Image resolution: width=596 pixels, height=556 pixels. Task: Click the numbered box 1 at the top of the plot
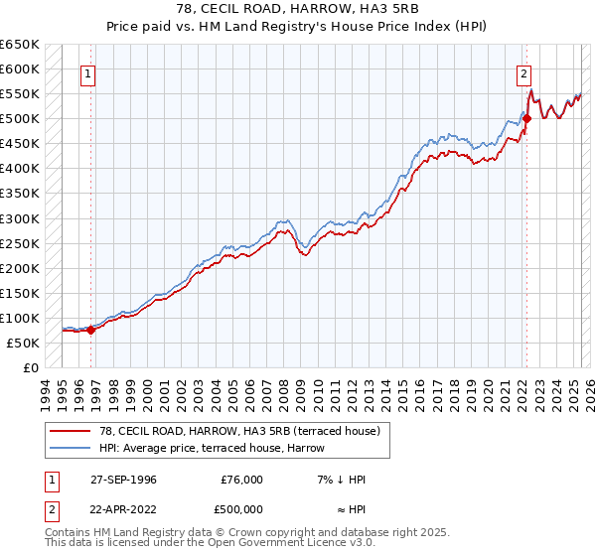click(88, 73)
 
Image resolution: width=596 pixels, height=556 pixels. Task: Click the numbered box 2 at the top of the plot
click(522, 72)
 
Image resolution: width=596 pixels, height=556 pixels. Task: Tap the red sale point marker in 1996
click(90, 330)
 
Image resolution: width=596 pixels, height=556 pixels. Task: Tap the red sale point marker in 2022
click(526, 119)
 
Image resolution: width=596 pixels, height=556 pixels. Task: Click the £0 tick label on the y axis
click(30, 367)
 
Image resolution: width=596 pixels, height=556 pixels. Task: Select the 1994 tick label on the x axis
click(44, 391)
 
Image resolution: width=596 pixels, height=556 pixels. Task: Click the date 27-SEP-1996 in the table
click(117, 480)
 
